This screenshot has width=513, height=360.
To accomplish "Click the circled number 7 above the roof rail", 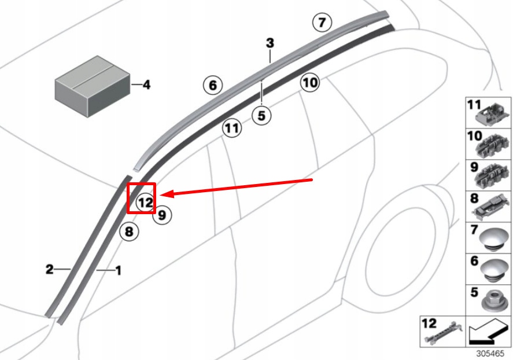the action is click(322, 23).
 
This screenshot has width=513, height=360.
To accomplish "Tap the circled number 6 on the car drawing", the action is click(212, 86).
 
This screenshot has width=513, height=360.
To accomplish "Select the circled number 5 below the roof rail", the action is click(261, 116).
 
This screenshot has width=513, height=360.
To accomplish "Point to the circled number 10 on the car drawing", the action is click(309, 83).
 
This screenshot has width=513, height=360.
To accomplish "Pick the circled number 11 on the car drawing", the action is click(232, 127).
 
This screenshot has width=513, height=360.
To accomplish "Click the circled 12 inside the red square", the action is click(145, 203).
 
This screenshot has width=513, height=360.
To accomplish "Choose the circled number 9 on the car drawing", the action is click(162, 215).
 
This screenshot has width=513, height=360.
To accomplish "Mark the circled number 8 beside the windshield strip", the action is click(129, 233).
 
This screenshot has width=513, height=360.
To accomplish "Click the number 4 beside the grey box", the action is click(146, 85).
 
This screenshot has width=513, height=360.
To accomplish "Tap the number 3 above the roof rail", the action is click(270, 43).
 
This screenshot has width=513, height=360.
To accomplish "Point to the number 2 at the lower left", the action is click(50, 269).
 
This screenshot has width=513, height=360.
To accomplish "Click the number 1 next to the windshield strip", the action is click(119, 270).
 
